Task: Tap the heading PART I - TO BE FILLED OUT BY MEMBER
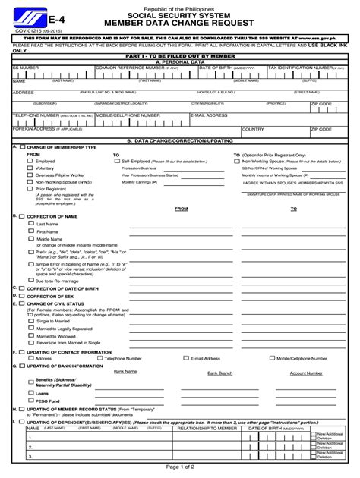click(180, 56)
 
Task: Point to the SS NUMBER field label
click(26, 68)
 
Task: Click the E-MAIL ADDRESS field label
click(209, 115)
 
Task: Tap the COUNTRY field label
click(253, 129)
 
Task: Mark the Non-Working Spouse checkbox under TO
click(236, 161)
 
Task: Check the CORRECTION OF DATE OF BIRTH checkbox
click(22, 288)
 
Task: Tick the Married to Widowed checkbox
click(31, 335)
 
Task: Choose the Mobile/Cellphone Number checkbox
click(271, 358)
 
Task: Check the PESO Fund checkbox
click(31, 401)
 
